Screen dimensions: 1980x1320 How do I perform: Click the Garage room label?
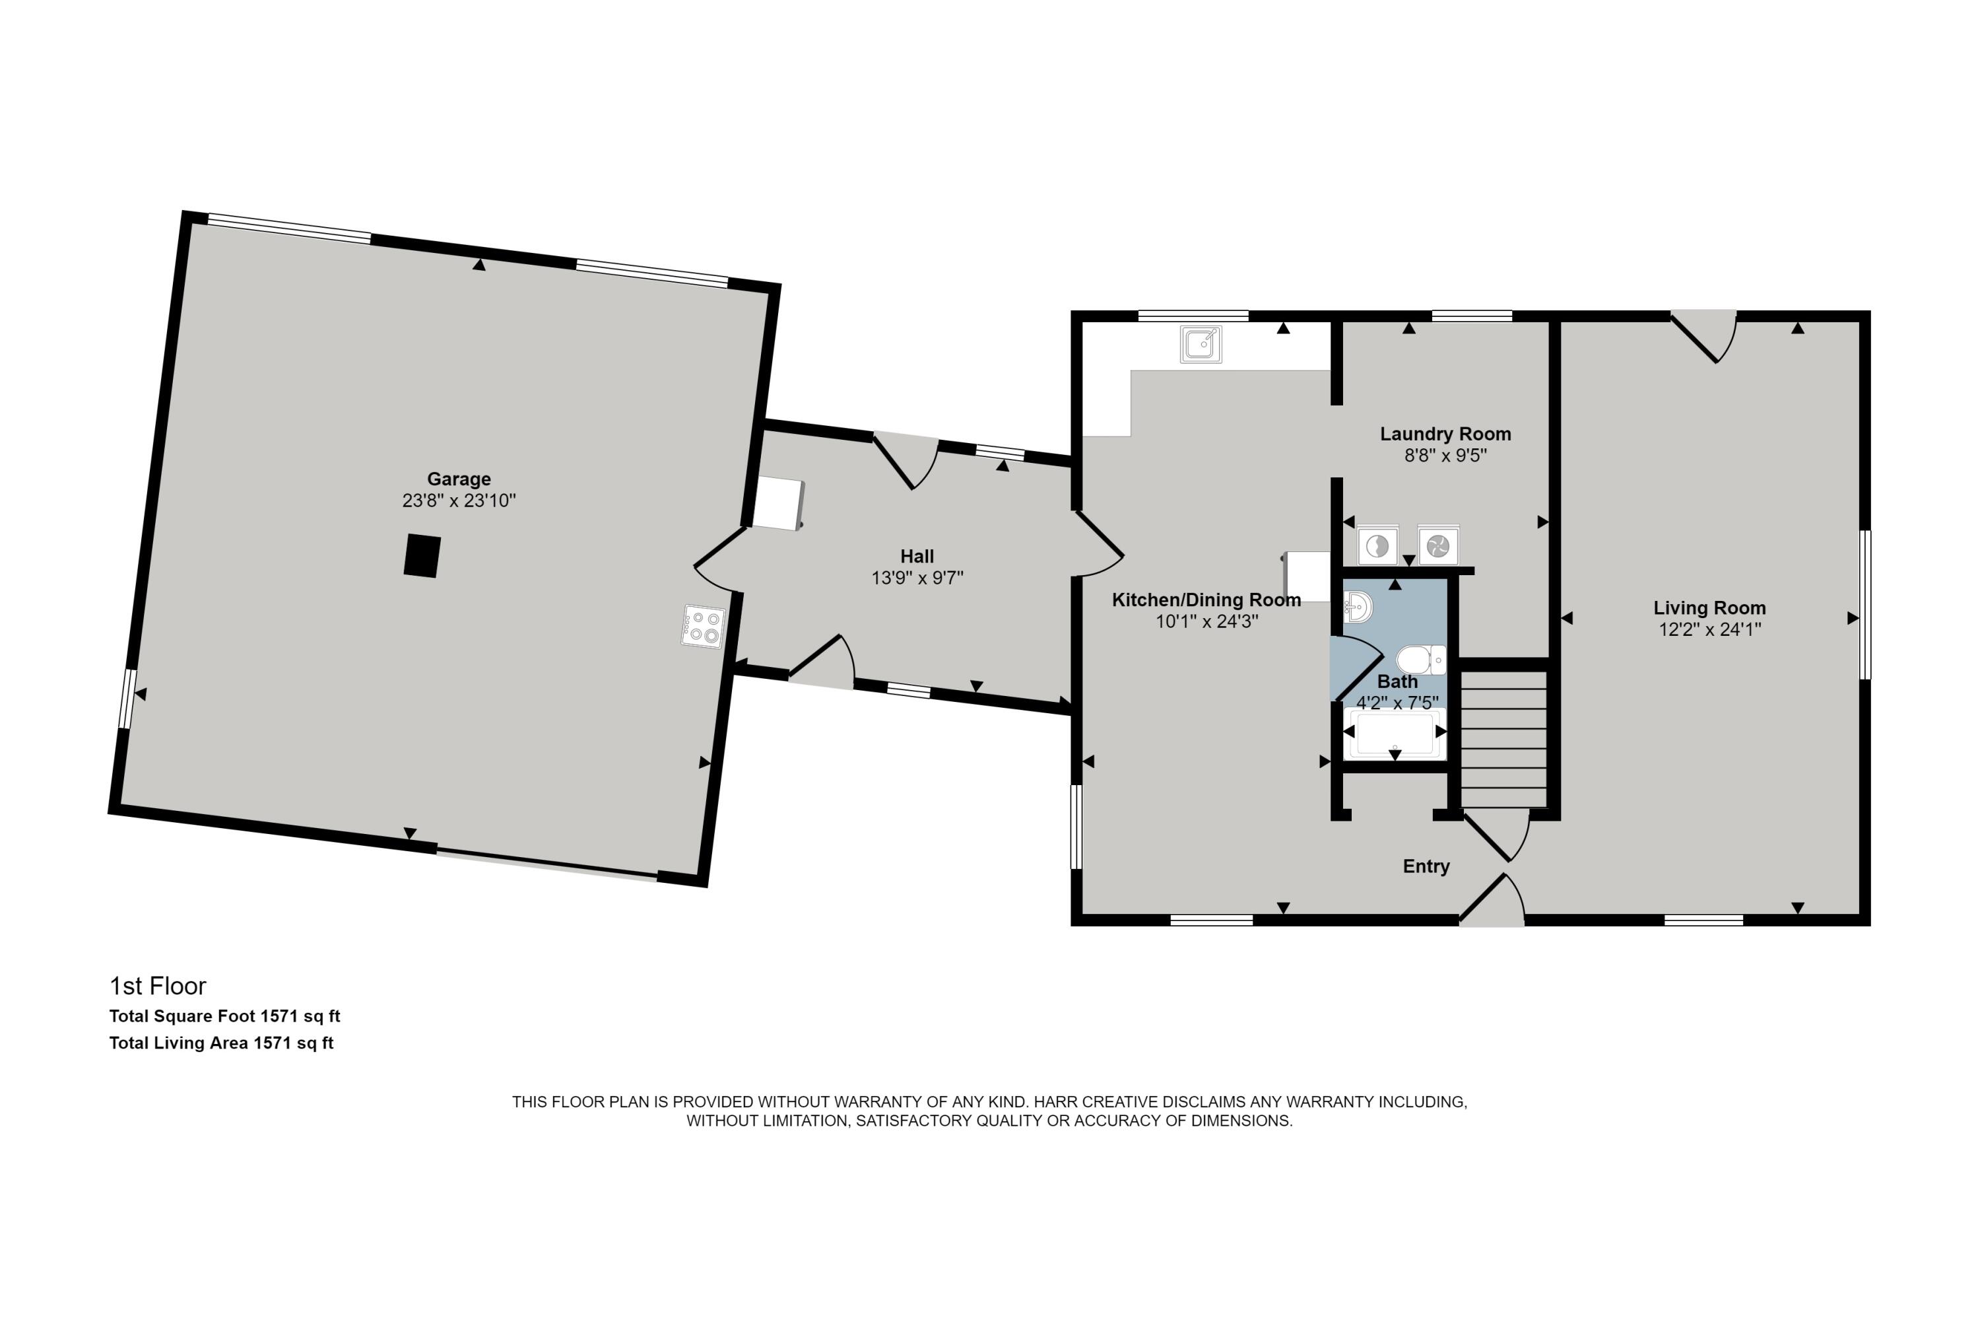coord(459,479)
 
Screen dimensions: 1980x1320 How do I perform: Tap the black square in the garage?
coord(422,555)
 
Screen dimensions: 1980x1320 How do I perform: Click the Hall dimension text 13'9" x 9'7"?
coord(917,578)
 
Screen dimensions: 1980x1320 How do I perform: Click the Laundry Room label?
coord(1445,434)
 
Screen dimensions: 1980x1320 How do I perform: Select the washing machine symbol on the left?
coord(1377,546)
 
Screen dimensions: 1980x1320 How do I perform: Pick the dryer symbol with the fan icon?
coord(1438,546)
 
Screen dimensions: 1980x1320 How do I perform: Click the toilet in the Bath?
coord(1420,660)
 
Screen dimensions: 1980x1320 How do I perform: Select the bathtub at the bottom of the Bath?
coord(1395,733)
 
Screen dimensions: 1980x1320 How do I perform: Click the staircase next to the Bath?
coord(1503,739)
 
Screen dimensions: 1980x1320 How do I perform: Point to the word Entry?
coord(1426,866)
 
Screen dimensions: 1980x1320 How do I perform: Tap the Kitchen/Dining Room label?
coord(1206,600)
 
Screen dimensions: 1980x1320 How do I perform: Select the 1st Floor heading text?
coord(158,986)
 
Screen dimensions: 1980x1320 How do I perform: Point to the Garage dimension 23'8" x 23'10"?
coord(459,500)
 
